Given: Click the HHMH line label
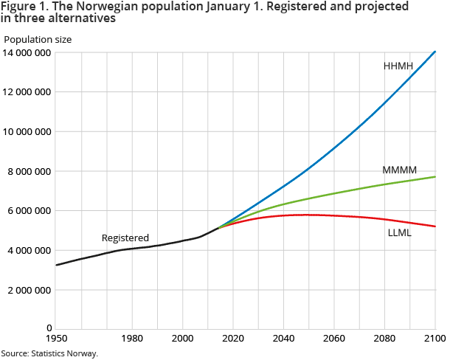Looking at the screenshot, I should [x=399, y=66].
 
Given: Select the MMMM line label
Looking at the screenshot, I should [x=399, y=170].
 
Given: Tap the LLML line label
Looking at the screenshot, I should [x=400, y=233].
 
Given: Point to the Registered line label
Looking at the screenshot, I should [x=125, y=238].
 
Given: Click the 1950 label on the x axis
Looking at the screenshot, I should [x=56, y=337].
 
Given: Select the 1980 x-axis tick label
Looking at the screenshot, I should [x=132, y=337].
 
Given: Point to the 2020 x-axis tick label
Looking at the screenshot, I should [x=233, y=337].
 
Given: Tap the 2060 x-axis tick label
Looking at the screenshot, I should [x=334, y=337].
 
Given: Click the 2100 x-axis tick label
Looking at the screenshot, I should [x=435, y=337].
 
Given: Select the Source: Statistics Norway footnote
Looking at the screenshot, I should [x=49, y=353].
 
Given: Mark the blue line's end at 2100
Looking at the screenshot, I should [x=435, y=52].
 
